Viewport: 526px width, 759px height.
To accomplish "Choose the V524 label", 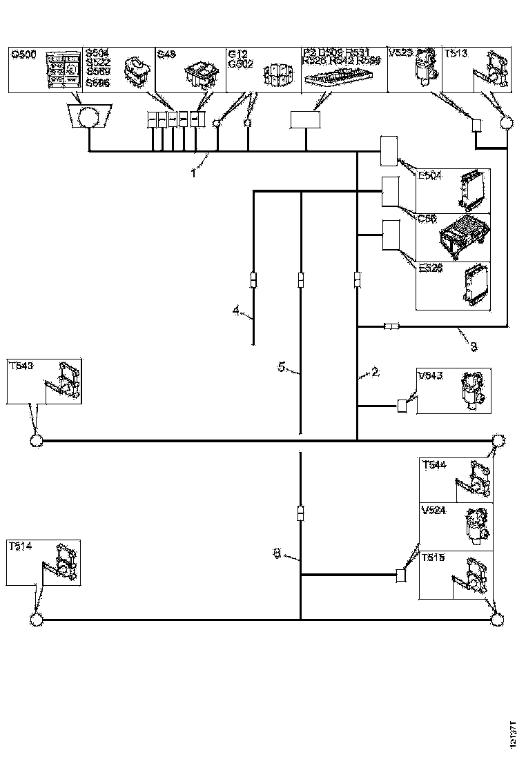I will (x=434, y=511).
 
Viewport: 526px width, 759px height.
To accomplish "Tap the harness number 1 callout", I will (x=194, y=172).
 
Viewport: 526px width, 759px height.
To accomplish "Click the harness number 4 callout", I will (x=236, y=312).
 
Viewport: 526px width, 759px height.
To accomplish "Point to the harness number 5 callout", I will (x=281, y=367).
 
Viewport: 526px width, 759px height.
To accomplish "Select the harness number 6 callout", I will (x=277, y=552).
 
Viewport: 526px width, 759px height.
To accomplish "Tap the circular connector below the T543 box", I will (x=37, y=440).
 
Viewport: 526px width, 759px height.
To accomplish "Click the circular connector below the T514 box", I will (x=37, y=620).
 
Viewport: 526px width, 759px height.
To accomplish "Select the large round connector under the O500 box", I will (x=90, y=117).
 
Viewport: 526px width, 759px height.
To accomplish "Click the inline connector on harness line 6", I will (x=301, y=514).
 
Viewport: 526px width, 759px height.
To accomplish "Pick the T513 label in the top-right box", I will (x=456, y=53).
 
